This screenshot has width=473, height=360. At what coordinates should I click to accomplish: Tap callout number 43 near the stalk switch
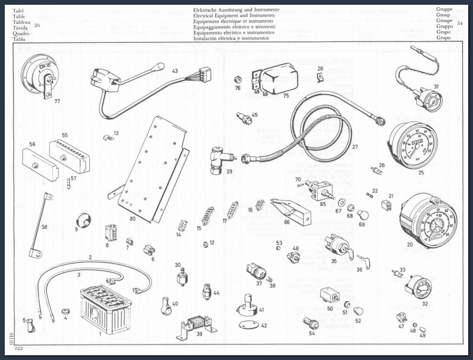tap(174, 71)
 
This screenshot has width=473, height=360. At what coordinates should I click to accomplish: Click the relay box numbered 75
tap(275, 80)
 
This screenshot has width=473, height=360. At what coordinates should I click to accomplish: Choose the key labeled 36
tap(364, 261)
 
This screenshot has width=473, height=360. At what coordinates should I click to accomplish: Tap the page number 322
tap(18, 348)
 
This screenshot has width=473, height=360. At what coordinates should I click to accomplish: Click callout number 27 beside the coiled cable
tap(355, 147)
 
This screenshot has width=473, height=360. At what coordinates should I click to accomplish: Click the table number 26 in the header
tap(37, 26)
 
